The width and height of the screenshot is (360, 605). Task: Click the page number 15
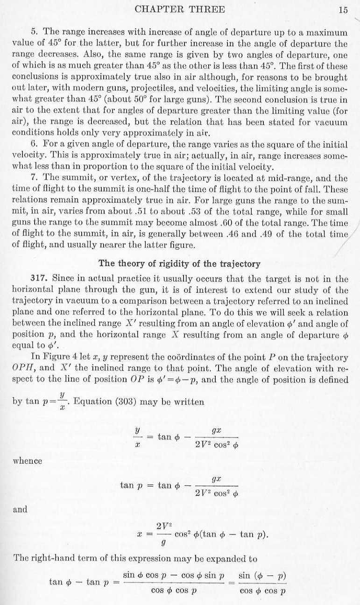343,9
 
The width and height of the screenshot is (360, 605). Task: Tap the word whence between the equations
28,461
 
